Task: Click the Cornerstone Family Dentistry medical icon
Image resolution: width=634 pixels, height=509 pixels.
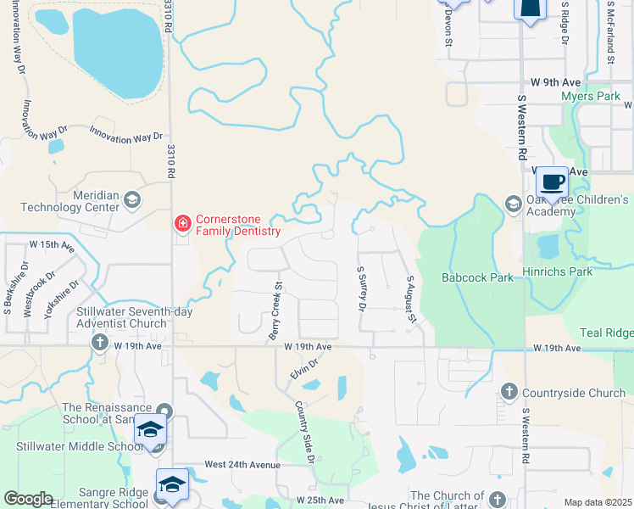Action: pos(181,224)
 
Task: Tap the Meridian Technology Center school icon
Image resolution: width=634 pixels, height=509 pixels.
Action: pos(131,201)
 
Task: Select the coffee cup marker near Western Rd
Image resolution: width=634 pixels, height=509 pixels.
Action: pos(552,181)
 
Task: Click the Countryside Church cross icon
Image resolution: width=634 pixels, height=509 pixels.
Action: pos(509,391)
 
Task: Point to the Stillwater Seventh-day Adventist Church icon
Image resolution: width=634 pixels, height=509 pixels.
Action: pos(99,342)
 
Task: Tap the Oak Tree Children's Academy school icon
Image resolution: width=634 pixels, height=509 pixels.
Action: pos(512,204)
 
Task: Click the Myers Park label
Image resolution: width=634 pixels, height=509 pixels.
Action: pos(591,97)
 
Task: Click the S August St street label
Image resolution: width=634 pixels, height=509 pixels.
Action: pos(411,299)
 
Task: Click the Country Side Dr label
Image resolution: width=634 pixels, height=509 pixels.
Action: pos(304,433)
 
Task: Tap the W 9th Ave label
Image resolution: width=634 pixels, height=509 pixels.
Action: pos(555,82)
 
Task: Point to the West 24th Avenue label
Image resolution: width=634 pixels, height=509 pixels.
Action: pos(242,465)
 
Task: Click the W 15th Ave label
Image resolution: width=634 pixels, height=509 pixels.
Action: pos(52,245)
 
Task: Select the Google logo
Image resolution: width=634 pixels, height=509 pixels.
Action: pos(28,499)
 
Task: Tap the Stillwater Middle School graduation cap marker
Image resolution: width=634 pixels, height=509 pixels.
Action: pos(150,431)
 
